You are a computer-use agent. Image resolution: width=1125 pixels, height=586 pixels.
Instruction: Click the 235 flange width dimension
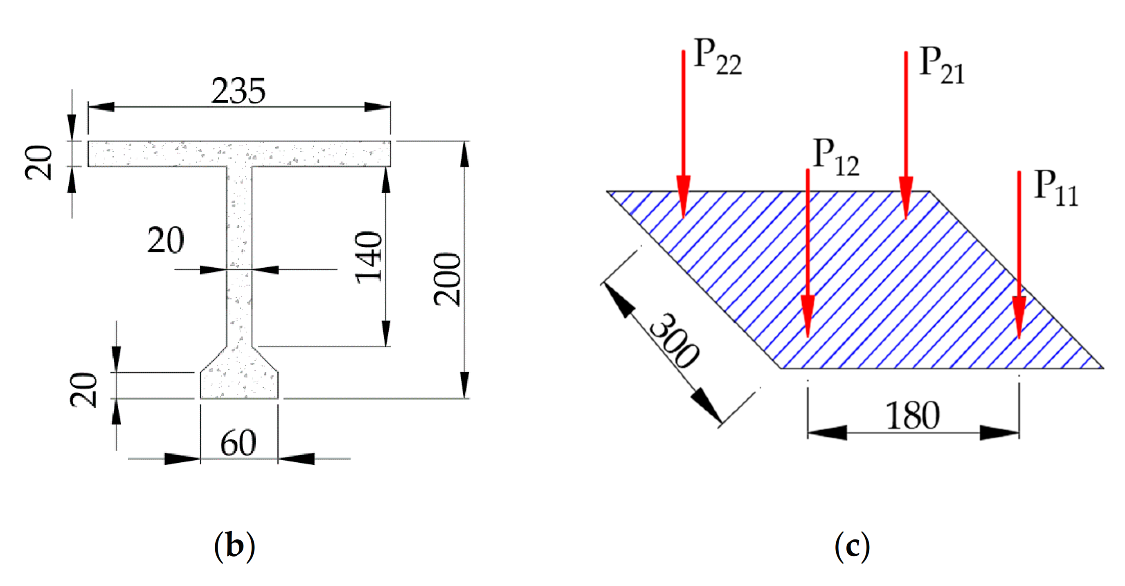click(238, 91)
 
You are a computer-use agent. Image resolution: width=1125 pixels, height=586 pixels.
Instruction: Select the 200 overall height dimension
click(447, 279)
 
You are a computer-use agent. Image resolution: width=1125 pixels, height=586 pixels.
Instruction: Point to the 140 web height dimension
click(369, 258)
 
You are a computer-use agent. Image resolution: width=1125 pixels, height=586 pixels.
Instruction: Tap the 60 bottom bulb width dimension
click(238, 443)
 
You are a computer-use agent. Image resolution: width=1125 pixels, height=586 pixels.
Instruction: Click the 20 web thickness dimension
click(166, 240)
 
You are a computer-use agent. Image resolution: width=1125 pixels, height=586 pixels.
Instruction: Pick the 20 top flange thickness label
click(38, 162)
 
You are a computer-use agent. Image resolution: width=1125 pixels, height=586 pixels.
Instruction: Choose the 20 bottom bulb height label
click(84, 390)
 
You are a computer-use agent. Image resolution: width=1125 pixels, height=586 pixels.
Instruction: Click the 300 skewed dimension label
click(674, 341)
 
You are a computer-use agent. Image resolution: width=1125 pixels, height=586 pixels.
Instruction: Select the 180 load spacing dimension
click(912, 416)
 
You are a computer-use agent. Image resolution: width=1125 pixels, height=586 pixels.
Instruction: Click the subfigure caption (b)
click(234, 546)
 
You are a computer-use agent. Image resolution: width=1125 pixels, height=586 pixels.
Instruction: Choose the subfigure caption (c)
click(852, 546)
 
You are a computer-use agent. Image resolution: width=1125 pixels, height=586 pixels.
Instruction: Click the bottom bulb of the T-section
click(239, 380)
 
